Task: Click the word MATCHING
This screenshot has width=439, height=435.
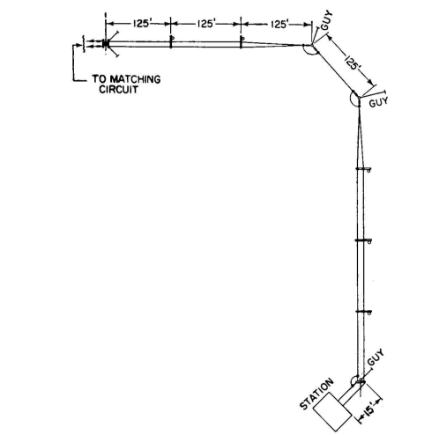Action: click(x=135, y=79)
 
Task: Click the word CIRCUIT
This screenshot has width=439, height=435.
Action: click(x=118, y=89)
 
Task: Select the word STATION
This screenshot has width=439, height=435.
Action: click(x=316, y=394)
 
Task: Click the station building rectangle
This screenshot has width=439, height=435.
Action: click(x=332, y=412)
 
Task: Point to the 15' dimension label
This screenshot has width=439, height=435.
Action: click(x=369, y=409)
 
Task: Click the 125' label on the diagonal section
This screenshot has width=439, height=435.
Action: click(x=353, y=63)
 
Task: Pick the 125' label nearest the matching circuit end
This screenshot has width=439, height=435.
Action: click(x=142, y=24)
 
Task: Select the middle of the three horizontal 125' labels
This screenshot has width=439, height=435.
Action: click(x=206, y=24)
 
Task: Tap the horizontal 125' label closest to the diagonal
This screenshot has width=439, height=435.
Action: click(x=279, y=24)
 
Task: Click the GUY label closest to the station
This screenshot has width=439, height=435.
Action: click(x=376, y=357)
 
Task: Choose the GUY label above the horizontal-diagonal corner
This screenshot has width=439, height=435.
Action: click(x=327, y=20)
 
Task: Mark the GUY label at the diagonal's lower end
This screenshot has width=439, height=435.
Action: click(x=378, y=101)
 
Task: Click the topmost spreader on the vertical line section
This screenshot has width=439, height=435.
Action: click(x=363, y=169)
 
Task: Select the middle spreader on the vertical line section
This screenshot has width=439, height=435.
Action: click(x=363, y=240)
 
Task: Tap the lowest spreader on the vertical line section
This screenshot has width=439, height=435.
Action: click(x=363, y=312)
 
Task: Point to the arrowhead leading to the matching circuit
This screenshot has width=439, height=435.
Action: click(x=78, y=45)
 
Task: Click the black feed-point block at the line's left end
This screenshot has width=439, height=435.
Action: click(x=105, y=44)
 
